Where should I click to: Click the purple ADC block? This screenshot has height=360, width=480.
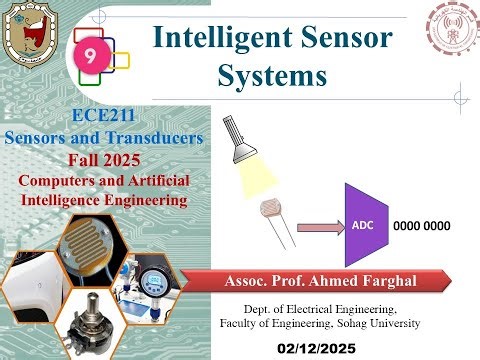pos(364,225)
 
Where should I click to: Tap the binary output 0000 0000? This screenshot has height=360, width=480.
pos(422,226)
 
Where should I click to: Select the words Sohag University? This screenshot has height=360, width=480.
pos(377,324)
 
